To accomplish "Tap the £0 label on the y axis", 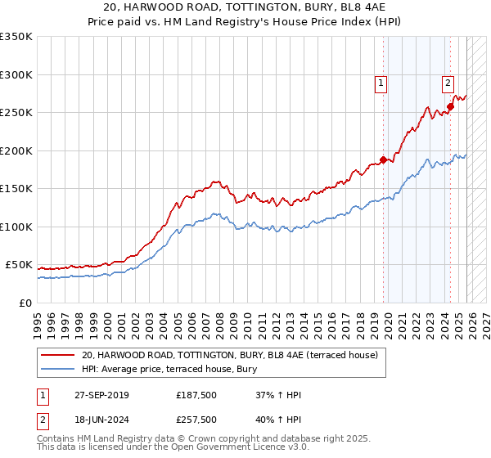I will click(24, 303).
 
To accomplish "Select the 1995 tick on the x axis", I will click(38, 318).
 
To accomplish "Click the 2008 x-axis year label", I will click(218, 318).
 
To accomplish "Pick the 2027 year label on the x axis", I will click(481, 318).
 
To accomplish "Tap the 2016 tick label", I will click(329, 318).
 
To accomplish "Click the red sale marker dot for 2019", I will click(383, 160).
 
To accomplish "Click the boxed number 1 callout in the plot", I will click(381, 82).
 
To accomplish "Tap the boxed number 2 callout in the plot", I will click(448, 82).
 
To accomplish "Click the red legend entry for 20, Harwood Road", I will click(229, 355).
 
